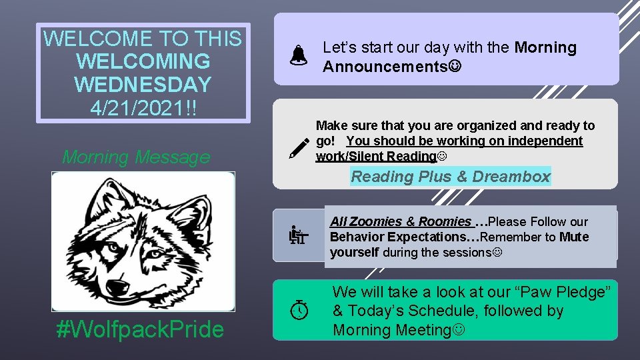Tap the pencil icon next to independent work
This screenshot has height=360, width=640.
[x=299, y=148]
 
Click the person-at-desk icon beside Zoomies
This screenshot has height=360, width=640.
[x=298, y=235]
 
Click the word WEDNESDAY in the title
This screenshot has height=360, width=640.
[x=143, y=85]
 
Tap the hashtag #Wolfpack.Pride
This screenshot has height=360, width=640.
[x=141, y=329]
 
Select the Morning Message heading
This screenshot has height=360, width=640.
[x=136, y=157]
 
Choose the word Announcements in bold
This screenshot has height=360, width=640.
[x=385, y=67]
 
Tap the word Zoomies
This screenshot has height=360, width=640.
[x=376, y=221]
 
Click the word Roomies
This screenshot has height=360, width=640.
[x=445, y=221]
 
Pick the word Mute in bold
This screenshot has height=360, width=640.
[x=574, y=237]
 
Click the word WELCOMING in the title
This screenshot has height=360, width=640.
[x=143, y=61]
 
